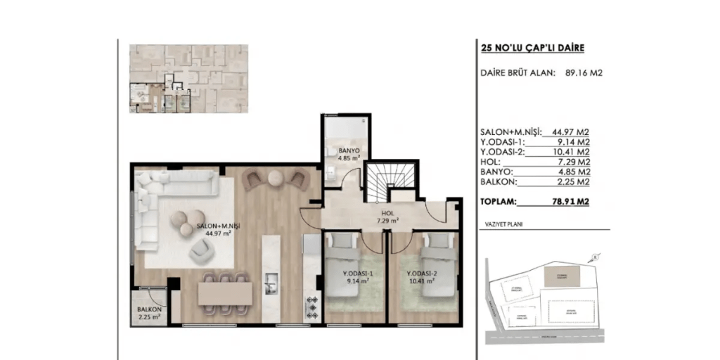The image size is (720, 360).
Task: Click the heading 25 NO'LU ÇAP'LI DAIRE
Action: pos(532,49)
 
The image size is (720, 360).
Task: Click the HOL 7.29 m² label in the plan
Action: pos(387,216)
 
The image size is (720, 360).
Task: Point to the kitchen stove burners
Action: pos(311,306)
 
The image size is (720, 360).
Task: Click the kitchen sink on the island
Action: pos(271,287)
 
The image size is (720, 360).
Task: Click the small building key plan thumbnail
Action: pos(188,79)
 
